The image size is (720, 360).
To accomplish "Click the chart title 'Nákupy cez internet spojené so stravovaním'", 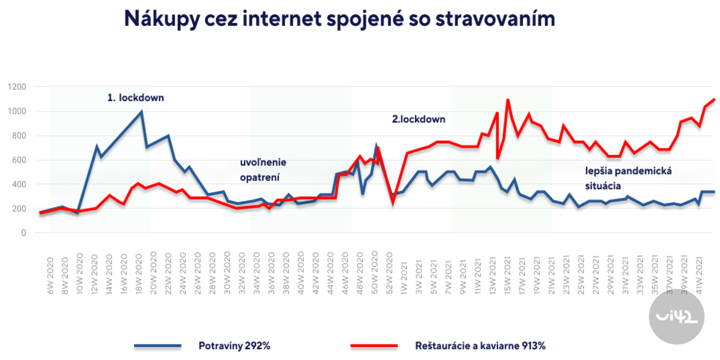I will [x=339, y=19].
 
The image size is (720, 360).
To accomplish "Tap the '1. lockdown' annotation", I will [x=135, y=98].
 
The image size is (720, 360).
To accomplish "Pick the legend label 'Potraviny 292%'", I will [x=235, y=346].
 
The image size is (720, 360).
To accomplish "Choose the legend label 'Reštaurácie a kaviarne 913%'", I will [x=480, y=346].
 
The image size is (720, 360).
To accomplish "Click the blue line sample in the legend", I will [x=158, y=346].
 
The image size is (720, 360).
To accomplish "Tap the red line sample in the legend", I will [x=374, y=346].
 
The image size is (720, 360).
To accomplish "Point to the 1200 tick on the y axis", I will [x=17, y=87].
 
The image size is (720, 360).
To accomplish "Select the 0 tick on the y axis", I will [x=24, y=233].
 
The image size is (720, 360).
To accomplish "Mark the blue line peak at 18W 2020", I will [x=141, y=112].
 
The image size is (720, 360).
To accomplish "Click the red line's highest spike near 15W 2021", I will [x=508, y=100].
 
